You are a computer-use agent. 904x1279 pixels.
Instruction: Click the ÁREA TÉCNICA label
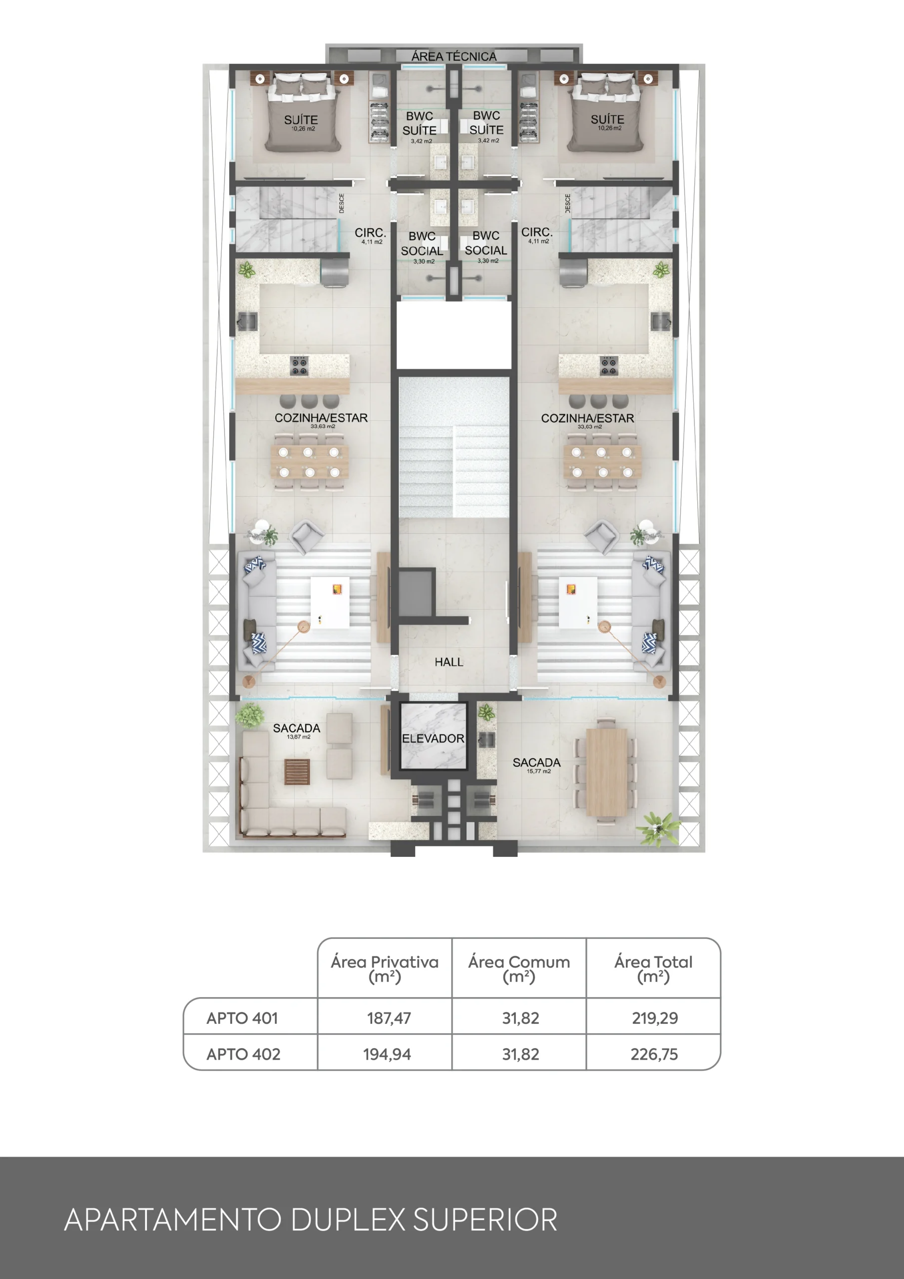[x=454, y=56]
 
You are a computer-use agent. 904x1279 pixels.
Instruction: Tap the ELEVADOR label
[x=433, y=738]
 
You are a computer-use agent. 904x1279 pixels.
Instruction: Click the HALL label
[x=449, y=662]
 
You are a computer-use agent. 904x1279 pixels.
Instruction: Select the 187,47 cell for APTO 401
[x=389, y=1018]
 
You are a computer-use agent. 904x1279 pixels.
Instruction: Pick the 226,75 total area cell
[x=654, y=1054]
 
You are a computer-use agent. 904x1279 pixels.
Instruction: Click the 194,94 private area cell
[x=387, y=1054]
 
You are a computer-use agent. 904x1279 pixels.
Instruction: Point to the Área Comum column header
[x=519, y=969]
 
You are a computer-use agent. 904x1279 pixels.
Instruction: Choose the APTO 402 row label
[x=243, y=1054]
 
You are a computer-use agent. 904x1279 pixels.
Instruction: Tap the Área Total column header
[x=653, y=969]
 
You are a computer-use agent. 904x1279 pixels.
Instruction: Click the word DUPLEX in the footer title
[x=349, y=1220]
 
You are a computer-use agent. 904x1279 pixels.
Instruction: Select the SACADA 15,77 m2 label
[x=537, y=765]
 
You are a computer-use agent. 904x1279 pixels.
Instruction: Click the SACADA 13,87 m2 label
[x=297, y=731]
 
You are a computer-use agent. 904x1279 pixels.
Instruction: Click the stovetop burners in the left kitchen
[x=299, y=365]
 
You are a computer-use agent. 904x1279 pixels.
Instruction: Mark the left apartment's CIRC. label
[x=371, y=235]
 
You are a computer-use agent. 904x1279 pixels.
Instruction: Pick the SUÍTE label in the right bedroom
[x=608, y=122]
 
